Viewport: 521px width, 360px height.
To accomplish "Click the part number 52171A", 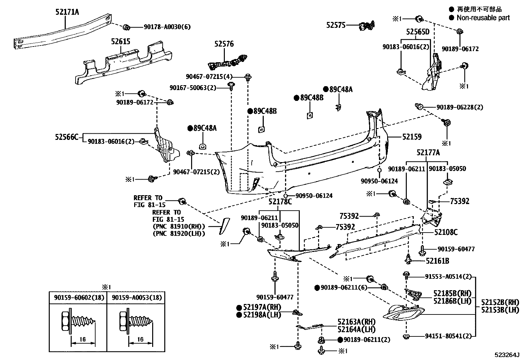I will click(67, 12).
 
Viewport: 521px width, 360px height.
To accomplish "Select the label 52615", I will click(120, 41).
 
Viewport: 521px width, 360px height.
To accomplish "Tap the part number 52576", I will click(224, 44).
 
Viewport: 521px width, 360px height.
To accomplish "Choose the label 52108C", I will click(446, 232).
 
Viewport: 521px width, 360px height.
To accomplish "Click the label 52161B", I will click(437, 261).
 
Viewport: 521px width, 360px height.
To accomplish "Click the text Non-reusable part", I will click(483, 18).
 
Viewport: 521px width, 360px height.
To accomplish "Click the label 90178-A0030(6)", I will click(167, 27).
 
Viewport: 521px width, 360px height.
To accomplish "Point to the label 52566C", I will click(67, 137).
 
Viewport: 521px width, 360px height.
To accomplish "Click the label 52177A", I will click(428, 153).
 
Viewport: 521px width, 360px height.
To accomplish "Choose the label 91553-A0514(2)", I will click(448, 276).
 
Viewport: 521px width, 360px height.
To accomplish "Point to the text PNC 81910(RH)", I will click(179, 226).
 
